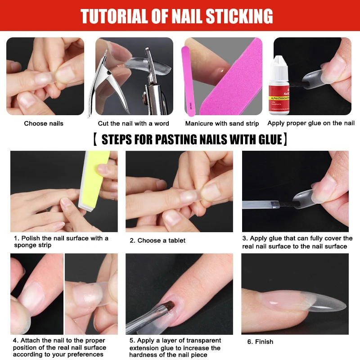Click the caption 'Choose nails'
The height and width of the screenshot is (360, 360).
pos(44,123)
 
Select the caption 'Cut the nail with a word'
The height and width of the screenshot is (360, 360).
pos(134,123)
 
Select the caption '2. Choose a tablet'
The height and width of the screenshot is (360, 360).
pos(157,240)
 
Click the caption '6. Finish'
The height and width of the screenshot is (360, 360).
pos(260,342)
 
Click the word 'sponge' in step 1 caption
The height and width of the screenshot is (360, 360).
pos(26,245)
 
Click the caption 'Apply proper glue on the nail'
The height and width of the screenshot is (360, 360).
pos(311,123)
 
